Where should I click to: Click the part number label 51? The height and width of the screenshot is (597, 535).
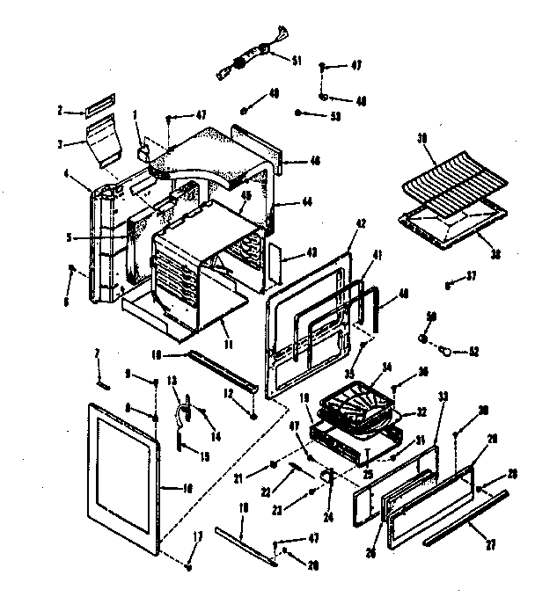tap(297, 60)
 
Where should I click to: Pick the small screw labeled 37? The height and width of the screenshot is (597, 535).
tap(449, 285)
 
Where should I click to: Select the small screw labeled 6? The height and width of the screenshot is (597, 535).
tap(73, 269)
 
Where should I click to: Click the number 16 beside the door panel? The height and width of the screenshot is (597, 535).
tap(187, 487)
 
